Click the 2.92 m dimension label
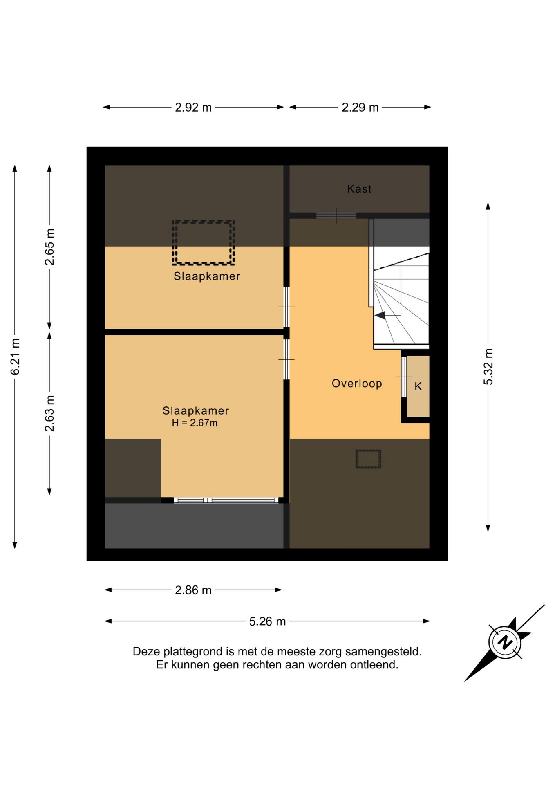[193, 108]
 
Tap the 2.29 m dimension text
[360, 108]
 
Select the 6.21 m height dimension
[15, 357]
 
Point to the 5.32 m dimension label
[488, 367]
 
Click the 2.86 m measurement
[193, 590]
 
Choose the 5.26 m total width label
[267, 621]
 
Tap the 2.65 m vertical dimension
[49, 247]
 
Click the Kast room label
[359, 189]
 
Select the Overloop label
[357, 384]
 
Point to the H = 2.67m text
[195, 423]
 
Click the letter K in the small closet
[418, 386]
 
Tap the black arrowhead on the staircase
[380, 315]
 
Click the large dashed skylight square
[203, 242]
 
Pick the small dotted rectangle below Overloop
[368, 459]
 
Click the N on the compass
[505, 642]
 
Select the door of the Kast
[336, 215]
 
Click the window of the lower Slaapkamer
[226, 500]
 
